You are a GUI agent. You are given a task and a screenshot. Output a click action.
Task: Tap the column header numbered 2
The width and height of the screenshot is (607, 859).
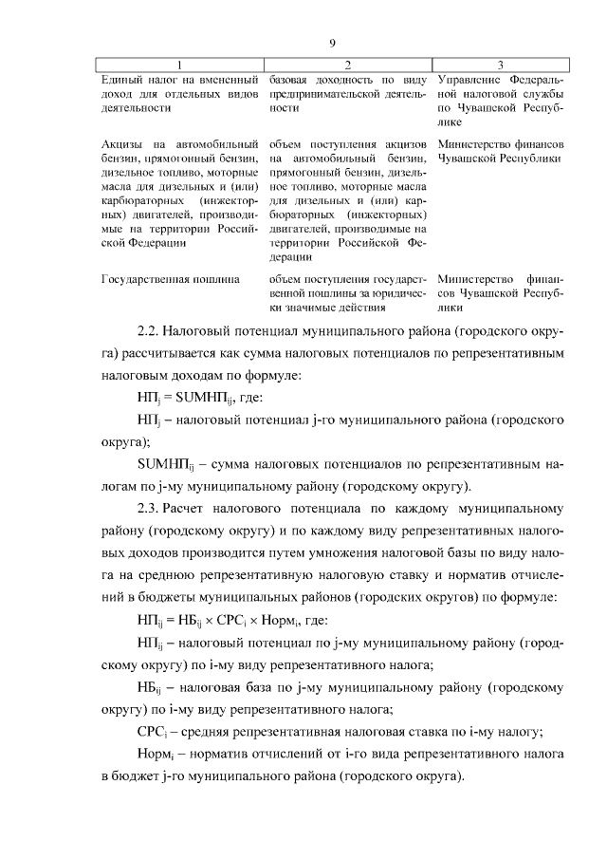(348, 65)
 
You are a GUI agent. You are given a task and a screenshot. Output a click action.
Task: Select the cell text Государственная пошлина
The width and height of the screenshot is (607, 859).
(170, 279)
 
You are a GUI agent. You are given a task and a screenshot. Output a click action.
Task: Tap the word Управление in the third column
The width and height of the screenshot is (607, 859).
(469, 79)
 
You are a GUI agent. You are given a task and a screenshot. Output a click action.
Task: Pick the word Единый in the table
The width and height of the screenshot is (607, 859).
(120, 79)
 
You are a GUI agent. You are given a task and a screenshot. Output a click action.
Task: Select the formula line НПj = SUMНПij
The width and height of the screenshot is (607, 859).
(193, 398)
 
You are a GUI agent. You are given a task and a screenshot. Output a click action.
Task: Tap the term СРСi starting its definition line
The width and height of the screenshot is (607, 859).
(155, 730)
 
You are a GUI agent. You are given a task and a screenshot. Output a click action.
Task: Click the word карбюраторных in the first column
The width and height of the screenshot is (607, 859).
(143, 201)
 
